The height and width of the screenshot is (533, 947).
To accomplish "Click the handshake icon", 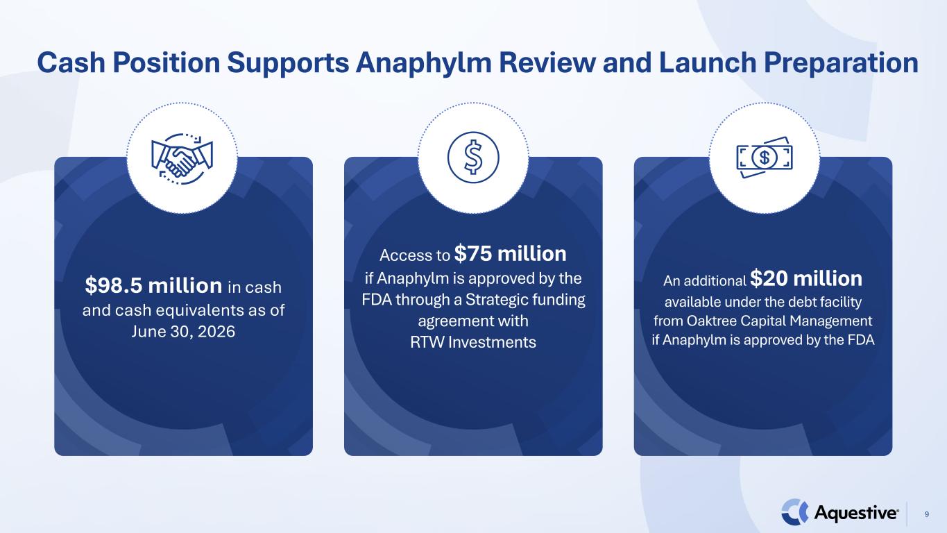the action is [182, 159].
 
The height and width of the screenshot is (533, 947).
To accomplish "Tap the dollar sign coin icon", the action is [473, 158].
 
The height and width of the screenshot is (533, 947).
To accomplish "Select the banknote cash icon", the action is [765, 158].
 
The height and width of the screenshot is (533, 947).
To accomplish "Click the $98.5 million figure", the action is [153, 285].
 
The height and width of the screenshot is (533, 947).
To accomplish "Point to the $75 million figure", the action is [511, 254].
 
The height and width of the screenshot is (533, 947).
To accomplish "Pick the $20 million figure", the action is [806, 278].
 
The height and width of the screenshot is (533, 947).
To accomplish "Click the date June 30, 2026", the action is [183, 331].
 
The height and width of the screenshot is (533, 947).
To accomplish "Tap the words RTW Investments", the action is [473, 341].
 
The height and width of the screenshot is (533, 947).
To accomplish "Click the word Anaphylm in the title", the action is [424, 63].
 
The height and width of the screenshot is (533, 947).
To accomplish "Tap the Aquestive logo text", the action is [857, 513].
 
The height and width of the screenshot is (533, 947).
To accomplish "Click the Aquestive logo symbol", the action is [794, 512].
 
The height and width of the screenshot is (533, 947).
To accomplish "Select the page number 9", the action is [927, 514].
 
